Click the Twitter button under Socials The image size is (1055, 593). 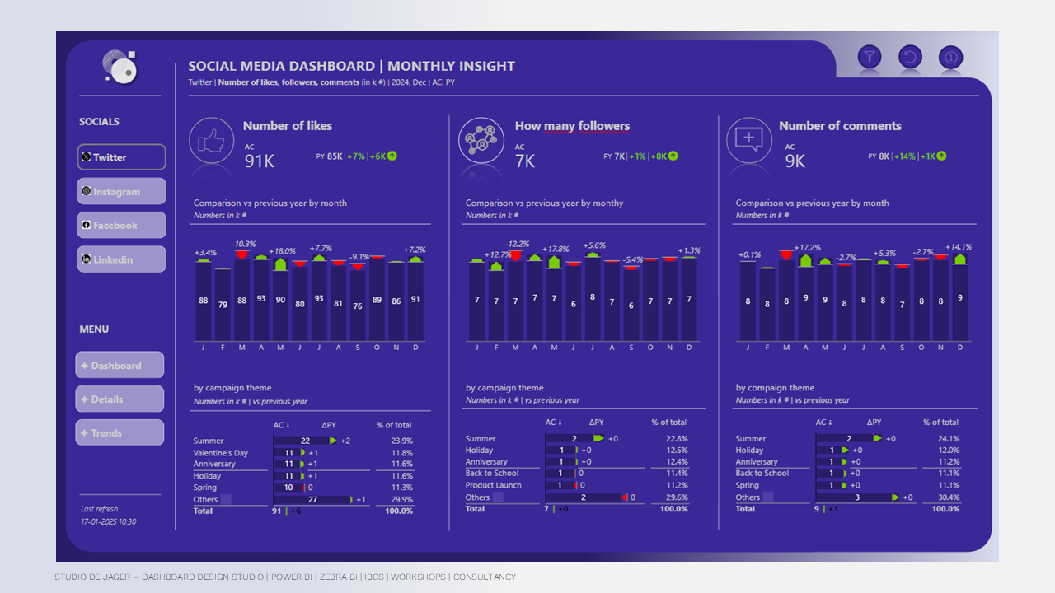(x=121, y=157)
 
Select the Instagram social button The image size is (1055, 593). (x=121, y=191)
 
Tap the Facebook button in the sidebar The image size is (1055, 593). (x=121, y=225)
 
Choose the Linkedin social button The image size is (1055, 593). (x=121, y=259)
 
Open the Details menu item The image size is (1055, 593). (x=120, y=399)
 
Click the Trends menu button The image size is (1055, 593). (x=120, y=433)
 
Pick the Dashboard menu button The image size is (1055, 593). (x=120, y=366)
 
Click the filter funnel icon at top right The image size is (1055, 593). (x=870, y=57)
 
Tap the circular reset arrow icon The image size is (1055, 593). (x=910, y=57)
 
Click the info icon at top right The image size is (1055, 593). (x=950, y=57)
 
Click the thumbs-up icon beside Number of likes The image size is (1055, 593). (x=212, y=141)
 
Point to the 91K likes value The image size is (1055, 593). (x=260, y=161)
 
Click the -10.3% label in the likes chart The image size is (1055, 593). (x=244, y=244)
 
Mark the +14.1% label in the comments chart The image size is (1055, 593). (x=957, y=246)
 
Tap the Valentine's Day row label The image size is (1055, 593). (x=221, y=453)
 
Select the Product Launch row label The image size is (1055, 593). (x=493, y=485)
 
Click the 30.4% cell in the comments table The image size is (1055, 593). (x=948, y=497)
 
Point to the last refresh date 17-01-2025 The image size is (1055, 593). (x=108, y=521)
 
